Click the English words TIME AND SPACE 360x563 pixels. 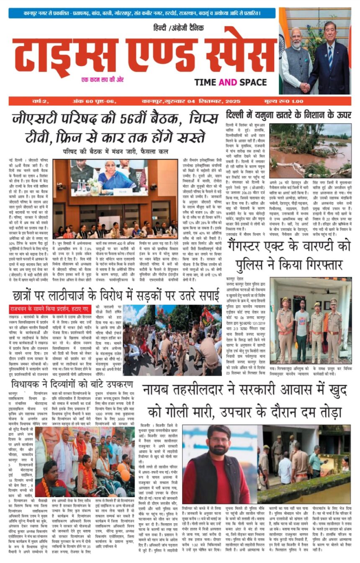[x=230, y=82]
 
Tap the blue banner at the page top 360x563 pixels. [x=142, y=13]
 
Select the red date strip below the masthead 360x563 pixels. [x=180, y=101]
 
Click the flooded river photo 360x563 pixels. [x=310, y=150]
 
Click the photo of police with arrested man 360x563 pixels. [x=310, y=320]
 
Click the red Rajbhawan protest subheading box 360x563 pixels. [x=50, y=309]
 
